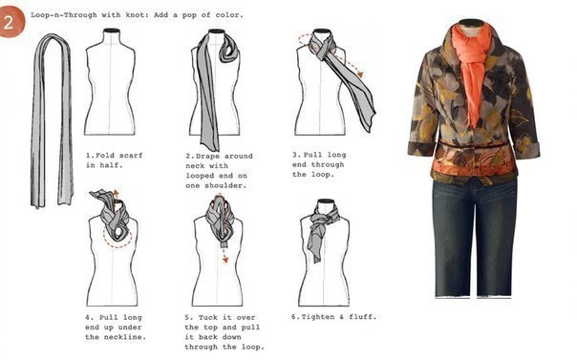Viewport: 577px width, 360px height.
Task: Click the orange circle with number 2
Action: [11, 21]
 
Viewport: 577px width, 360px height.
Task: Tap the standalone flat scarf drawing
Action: [52, 120]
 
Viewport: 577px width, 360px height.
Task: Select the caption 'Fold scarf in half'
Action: [114, 160]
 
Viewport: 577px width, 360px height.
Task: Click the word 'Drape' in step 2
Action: [207, 156]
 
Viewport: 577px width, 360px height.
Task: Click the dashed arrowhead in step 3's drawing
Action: [360, 74]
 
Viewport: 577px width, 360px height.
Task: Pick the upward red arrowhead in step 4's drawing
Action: [116, 192]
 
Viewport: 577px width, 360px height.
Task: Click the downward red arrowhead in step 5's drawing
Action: [225, 260]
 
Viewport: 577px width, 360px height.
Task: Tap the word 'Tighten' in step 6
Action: [320, 317]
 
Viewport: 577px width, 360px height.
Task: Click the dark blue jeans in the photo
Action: [475, 237]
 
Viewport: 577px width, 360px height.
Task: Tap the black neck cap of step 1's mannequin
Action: [112, 31]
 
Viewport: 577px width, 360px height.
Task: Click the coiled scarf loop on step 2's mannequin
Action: [230, 49]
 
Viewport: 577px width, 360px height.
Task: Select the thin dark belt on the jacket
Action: [475, 145]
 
